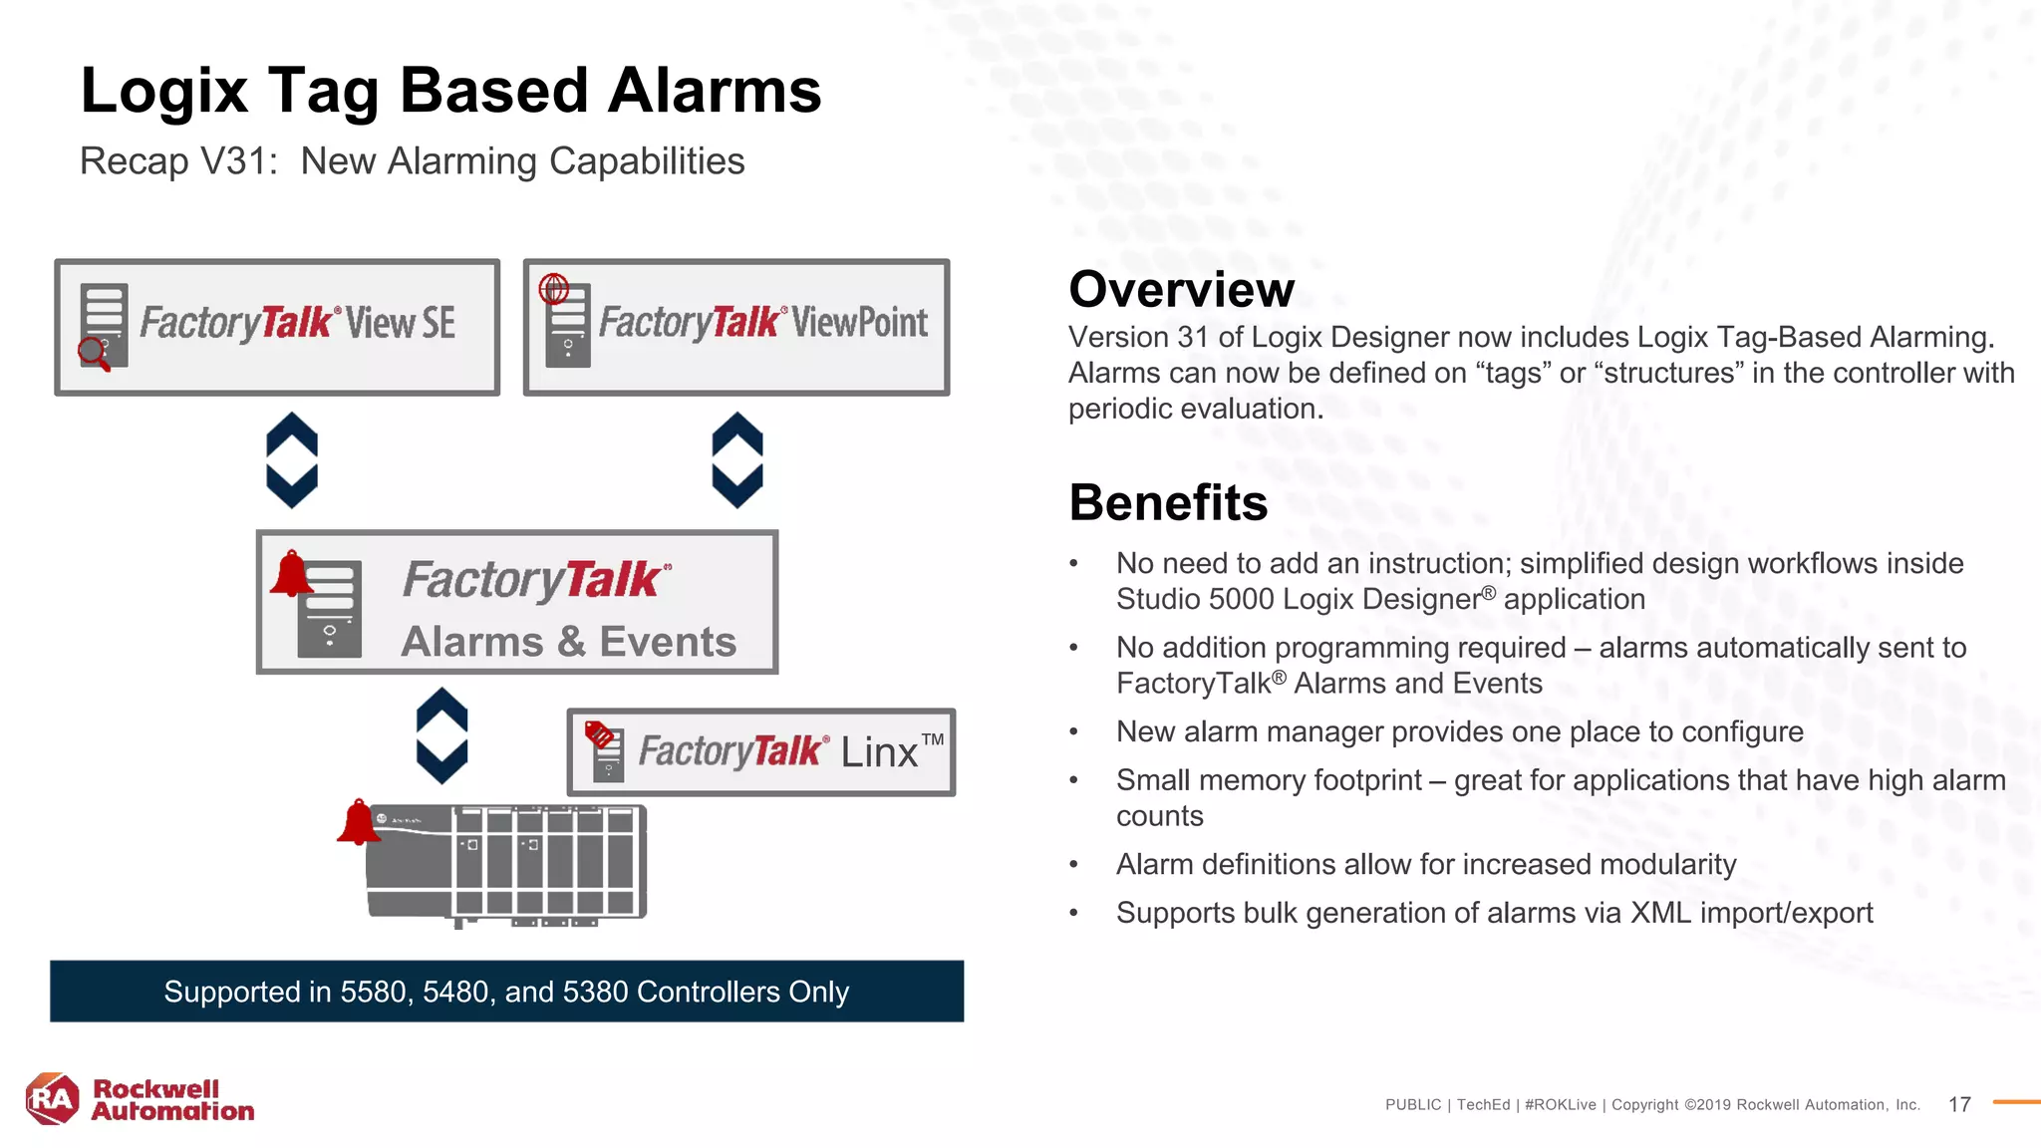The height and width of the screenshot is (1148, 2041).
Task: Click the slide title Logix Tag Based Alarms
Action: point(450,91)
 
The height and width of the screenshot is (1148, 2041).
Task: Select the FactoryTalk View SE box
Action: point(277,327)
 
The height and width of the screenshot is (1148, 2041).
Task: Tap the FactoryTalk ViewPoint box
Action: point(735,327)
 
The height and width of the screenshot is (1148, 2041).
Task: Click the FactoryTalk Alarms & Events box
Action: point(516,602)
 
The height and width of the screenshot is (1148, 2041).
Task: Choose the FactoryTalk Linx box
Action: point(760,751)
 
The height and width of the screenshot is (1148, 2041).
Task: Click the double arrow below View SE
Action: point(292,460)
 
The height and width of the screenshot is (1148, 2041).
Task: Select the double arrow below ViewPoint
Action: point(737,460)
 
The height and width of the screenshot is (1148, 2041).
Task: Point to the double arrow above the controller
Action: point(441,735)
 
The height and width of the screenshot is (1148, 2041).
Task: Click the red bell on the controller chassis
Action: point(359,823)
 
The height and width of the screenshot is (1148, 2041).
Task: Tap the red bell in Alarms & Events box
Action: point(291,574)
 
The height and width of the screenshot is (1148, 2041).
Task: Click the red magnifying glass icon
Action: point(94,353)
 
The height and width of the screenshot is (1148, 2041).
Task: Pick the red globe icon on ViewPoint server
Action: point(554,289)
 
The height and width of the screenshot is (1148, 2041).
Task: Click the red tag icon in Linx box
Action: point(600,735)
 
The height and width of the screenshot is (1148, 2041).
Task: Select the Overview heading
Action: point(1181,290)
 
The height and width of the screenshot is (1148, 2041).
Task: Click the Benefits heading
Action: point(1168,502)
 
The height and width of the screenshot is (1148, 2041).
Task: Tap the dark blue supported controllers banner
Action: point(506,991)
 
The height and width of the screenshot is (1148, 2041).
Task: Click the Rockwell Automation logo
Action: point(140,1099)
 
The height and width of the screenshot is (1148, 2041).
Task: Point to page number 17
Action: point(1959,1104)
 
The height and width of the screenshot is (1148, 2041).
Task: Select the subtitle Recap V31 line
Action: point(412,161)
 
